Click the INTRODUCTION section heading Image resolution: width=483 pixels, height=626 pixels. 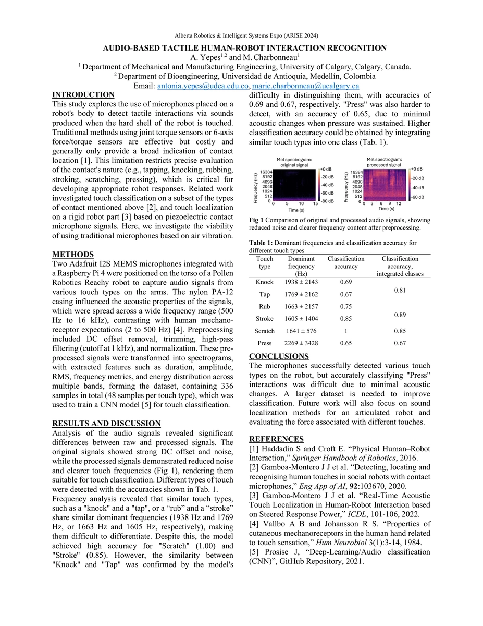point(83,94)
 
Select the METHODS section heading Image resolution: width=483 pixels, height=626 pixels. point(73,255)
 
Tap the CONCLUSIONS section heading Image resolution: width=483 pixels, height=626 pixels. point(279,356)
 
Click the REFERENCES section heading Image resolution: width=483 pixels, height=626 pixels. point(276,439)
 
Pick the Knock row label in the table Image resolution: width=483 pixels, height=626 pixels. point(265,282)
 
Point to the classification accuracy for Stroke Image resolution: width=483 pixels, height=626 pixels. point(345,318)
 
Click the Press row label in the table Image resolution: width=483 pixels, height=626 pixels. point(265,343)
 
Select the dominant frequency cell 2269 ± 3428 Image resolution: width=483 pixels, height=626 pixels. point(301,343)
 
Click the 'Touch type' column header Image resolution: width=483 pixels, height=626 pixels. point(265,262)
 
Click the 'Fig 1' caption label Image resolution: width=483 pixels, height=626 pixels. point(256,220)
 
